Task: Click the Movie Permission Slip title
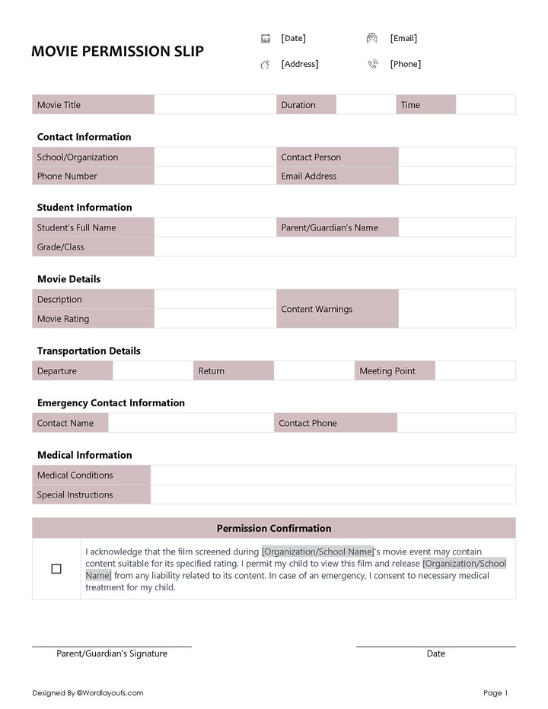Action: (x=117, y=52)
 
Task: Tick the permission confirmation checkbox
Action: (x=56, y=569)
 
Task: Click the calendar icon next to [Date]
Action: (x=266, y=39)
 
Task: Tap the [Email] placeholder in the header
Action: (x=403, y=39)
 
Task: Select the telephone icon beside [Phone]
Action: (x=372, y=65)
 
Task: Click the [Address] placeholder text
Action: (x=300, y=65)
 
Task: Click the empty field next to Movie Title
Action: (x=215, y=105)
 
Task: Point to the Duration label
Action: (x=298, y=105)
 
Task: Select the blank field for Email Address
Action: (x=457, y=176)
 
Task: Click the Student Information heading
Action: (x=84, y=208)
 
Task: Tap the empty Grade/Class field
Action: (x=334, y=247)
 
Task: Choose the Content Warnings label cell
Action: (x=336, y=310)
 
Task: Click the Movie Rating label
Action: (x=63, y=320)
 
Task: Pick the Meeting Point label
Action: (x=387, y=371)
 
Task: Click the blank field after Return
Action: (x=314, y=371)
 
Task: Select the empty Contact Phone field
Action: (x=456, y=424)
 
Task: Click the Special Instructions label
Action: (x=75, y=495)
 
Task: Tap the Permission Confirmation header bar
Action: (x=274, y=529)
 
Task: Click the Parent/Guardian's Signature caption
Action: (x=112, y=654)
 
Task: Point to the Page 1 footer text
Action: (x=495, y=693)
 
